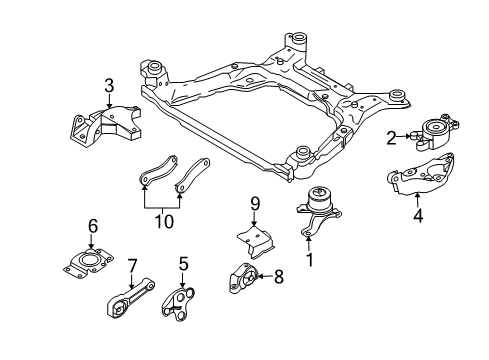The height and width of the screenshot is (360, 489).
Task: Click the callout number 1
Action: click(x=310, y=259)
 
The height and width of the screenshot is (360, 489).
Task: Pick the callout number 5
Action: click(x=184, y=264)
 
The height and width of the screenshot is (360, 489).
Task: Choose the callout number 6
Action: click(x=93, y=226)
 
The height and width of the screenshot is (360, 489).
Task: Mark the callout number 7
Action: click(x=131, y=265)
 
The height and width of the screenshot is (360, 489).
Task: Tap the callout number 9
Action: click(x=254, y=204)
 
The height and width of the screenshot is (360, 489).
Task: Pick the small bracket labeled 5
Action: click(x=178, y=301)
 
